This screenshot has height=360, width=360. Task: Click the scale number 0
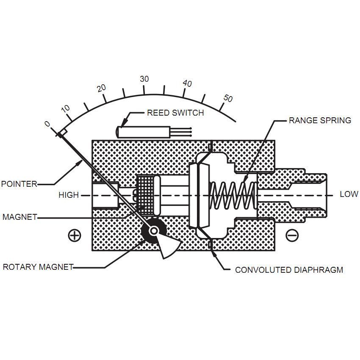(x=47, y=124)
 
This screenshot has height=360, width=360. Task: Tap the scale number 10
(x=66, y=108)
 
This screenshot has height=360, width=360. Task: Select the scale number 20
(x=101, y=88)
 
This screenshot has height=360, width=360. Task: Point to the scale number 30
(x=144, y=79)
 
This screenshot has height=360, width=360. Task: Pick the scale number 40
(x=187, y=83)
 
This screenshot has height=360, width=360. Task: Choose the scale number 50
(x=228, y=98)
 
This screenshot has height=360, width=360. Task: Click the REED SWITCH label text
(x=175, y=113)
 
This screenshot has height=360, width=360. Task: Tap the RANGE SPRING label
(x=320, y=121)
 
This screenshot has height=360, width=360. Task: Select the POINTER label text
(x=19, y=184)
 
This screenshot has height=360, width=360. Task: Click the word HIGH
(x=69, y=195)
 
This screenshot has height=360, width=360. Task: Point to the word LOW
(x=349, y=195)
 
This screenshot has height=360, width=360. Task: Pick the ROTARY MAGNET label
(x=38, y=267)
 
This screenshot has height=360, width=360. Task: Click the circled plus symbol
(x=75, y=235)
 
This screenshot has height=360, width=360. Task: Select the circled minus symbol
(x=292, y=235)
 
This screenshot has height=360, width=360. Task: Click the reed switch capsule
(x=144, y=132)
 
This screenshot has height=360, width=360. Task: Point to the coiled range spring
(x=232, y=195)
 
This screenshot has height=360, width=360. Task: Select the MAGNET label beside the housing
(x=19, y=217)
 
